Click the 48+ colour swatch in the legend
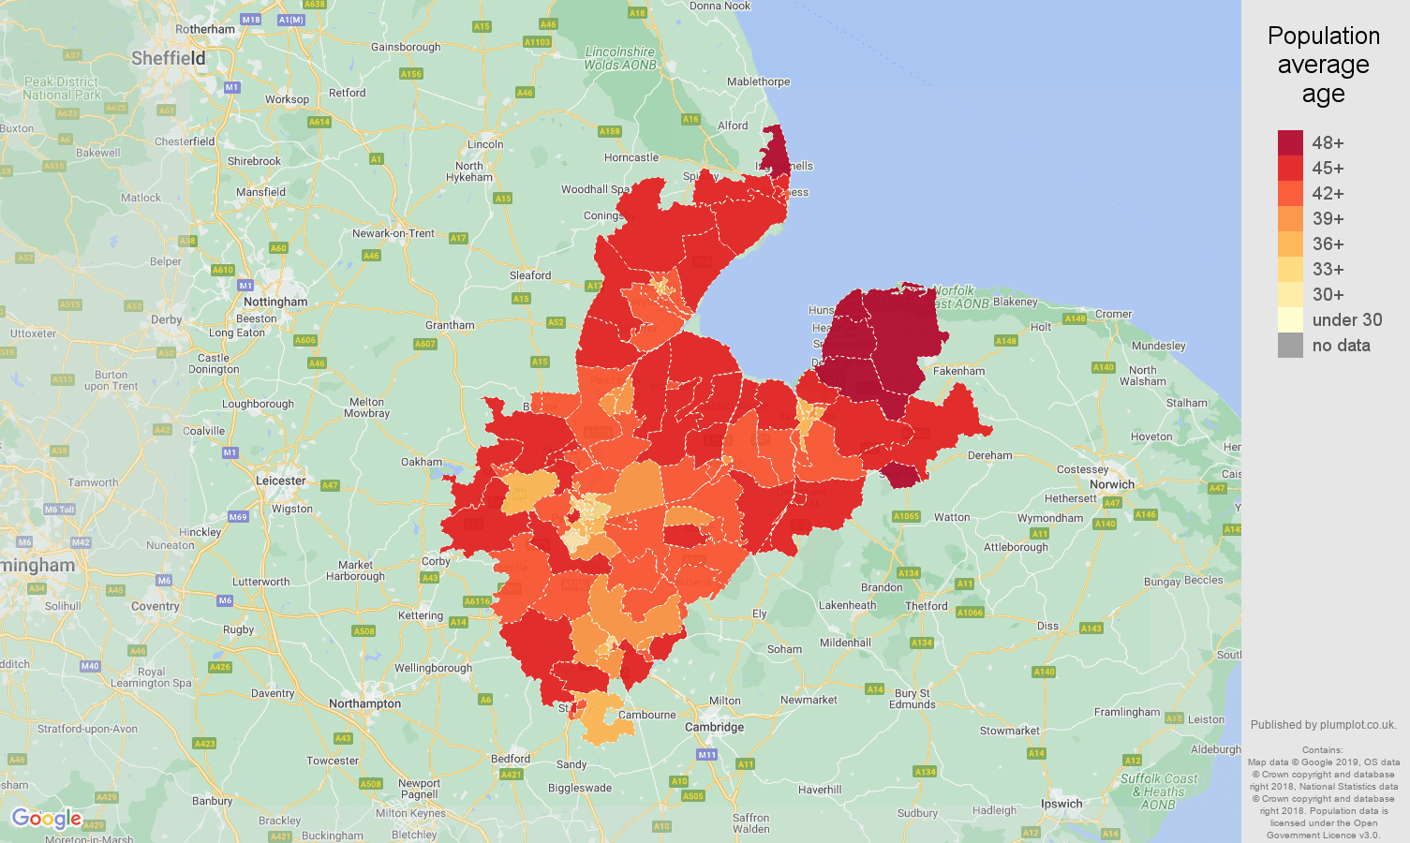coord(1290,142)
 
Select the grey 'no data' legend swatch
coord(1290,345)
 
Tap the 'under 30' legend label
coord(1346,319)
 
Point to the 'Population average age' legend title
coord(1323,65)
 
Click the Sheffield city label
coord(168,58)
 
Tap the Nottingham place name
coord(275,302)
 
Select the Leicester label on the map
coord(281,481)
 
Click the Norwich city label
coord(1112,484)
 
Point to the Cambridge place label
coord(714,727)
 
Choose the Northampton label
coord(364,703)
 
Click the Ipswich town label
coord(1061,804)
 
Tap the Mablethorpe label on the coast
coord(758,81)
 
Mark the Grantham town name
coord(450,325)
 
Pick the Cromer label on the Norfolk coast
coord(1114,314)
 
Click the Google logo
coord(47,819)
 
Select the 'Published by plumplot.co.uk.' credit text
coord(1323,724)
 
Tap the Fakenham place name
coord(958,371)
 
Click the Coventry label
coord(156,606)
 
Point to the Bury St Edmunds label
coord(912,699)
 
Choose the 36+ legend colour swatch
coord(1290,244)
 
